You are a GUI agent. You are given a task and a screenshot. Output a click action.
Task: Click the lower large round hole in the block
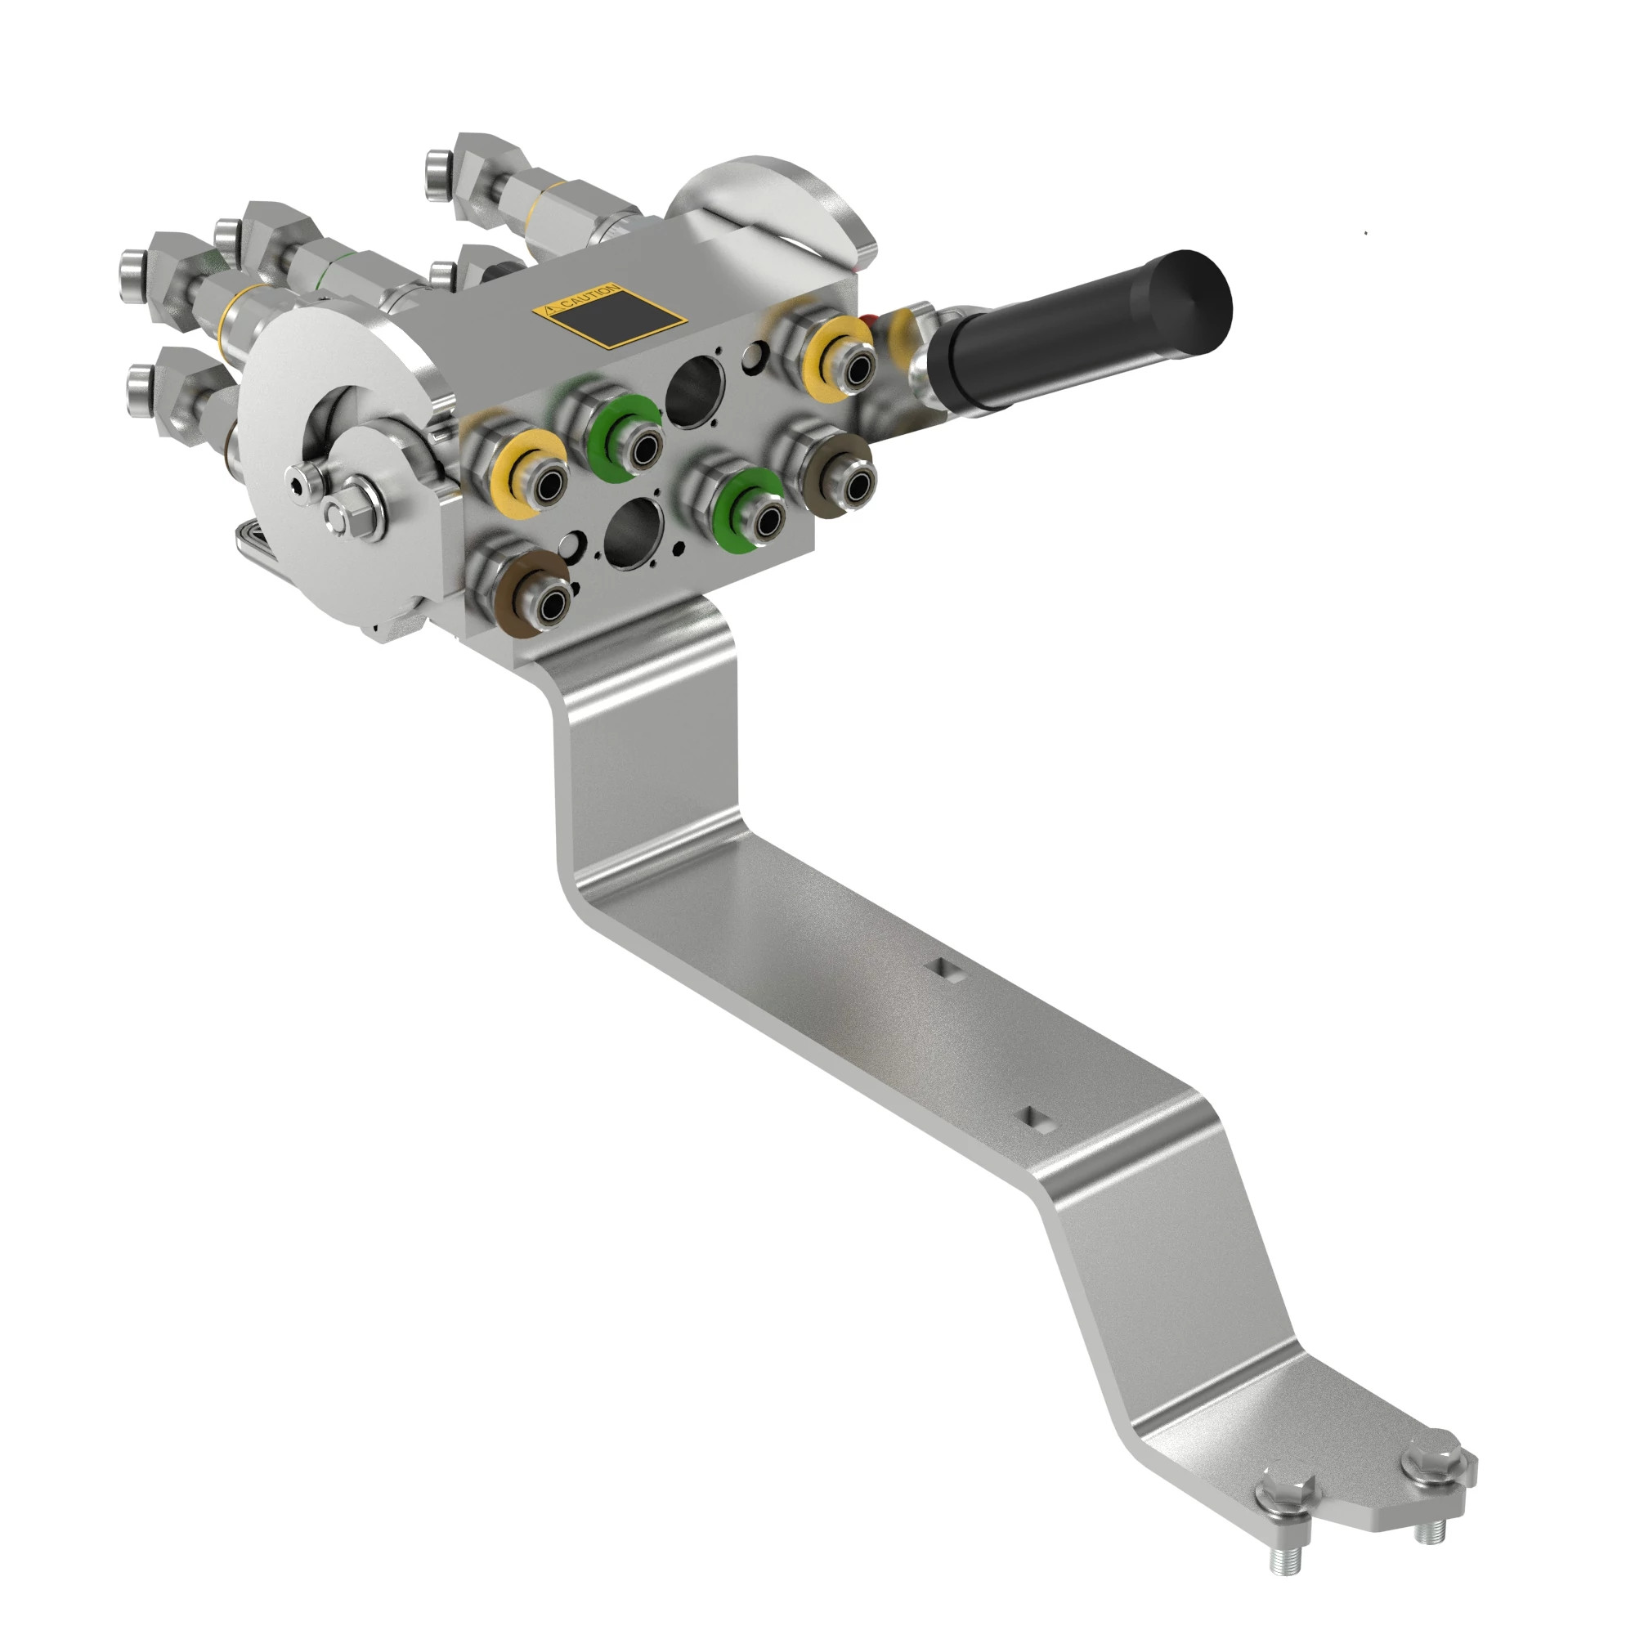pyautogui.click(x=634, y=531)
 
